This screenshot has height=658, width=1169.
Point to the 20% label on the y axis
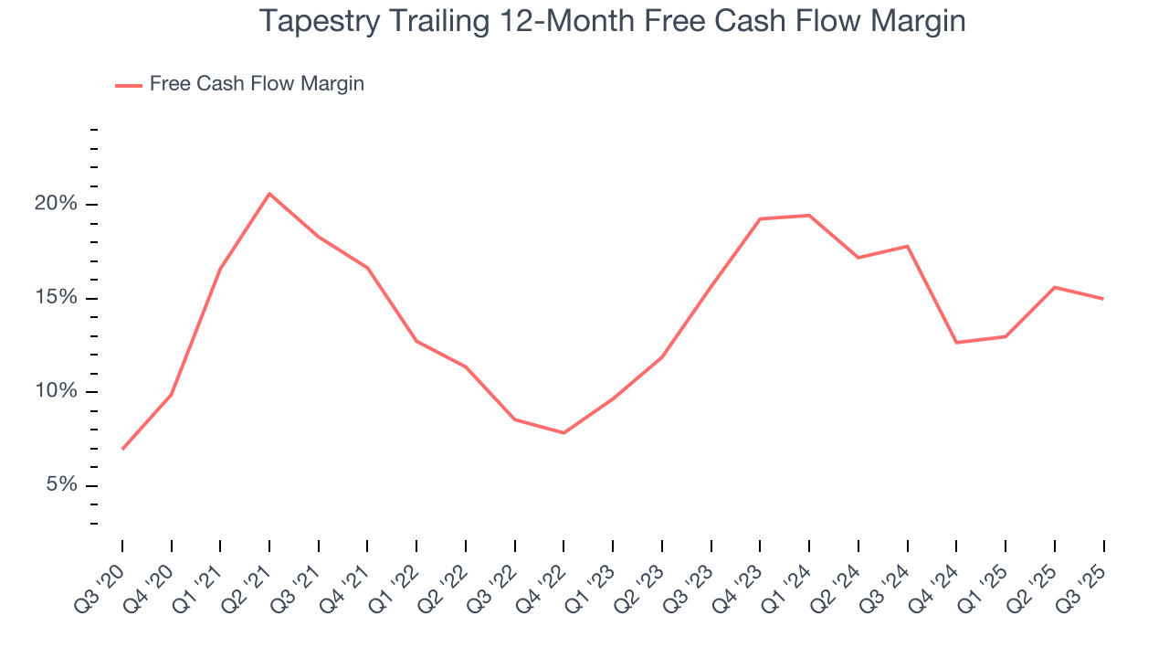click(x=56, y=204)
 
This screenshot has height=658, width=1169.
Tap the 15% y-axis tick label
click(x=56, y=298)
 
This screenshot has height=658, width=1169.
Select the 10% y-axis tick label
click(x=56, y=392)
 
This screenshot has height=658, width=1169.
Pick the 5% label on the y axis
click(x=60, y=485)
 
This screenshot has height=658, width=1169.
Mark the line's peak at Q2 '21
click(x=269, y=194)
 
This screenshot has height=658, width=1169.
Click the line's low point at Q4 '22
click(x=563, y=433)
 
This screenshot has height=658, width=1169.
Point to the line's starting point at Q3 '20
click(x=122, y=449)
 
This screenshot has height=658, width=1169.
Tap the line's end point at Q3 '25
click(x=1103, y=299)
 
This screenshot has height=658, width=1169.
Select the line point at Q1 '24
click(x=809, y=216)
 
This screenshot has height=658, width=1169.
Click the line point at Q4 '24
click(x=956, y=343)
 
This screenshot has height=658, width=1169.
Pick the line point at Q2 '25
click(x=1055, y=287)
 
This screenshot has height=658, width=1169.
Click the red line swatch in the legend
click(x=128, y=85)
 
